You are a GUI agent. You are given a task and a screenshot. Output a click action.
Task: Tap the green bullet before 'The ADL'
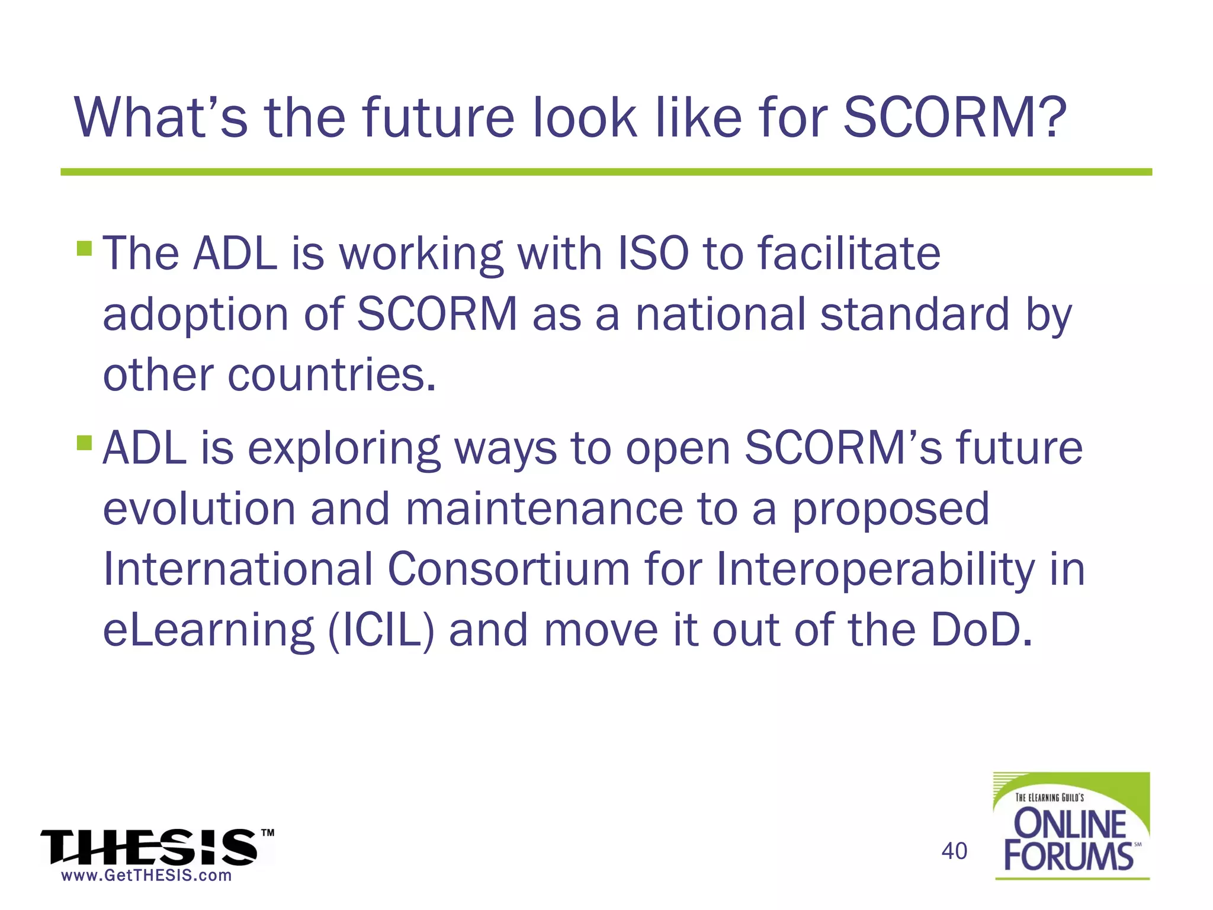point(85,248)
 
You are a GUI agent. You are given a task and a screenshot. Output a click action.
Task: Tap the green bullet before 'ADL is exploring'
point(85,443)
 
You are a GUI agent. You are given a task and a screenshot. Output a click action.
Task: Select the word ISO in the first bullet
point(653,254)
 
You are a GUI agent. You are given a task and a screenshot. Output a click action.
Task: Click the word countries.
point(332,375)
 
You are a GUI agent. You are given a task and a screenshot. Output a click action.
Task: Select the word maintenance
point(544,509)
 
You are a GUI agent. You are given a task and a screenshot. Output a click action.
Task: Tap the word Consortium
point(508,569)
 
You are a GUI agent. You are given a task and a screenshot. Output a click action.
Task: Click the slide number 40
point(954,851)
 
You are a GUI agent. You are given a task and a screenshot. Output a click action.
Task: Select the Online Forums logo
point(1071,826)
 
